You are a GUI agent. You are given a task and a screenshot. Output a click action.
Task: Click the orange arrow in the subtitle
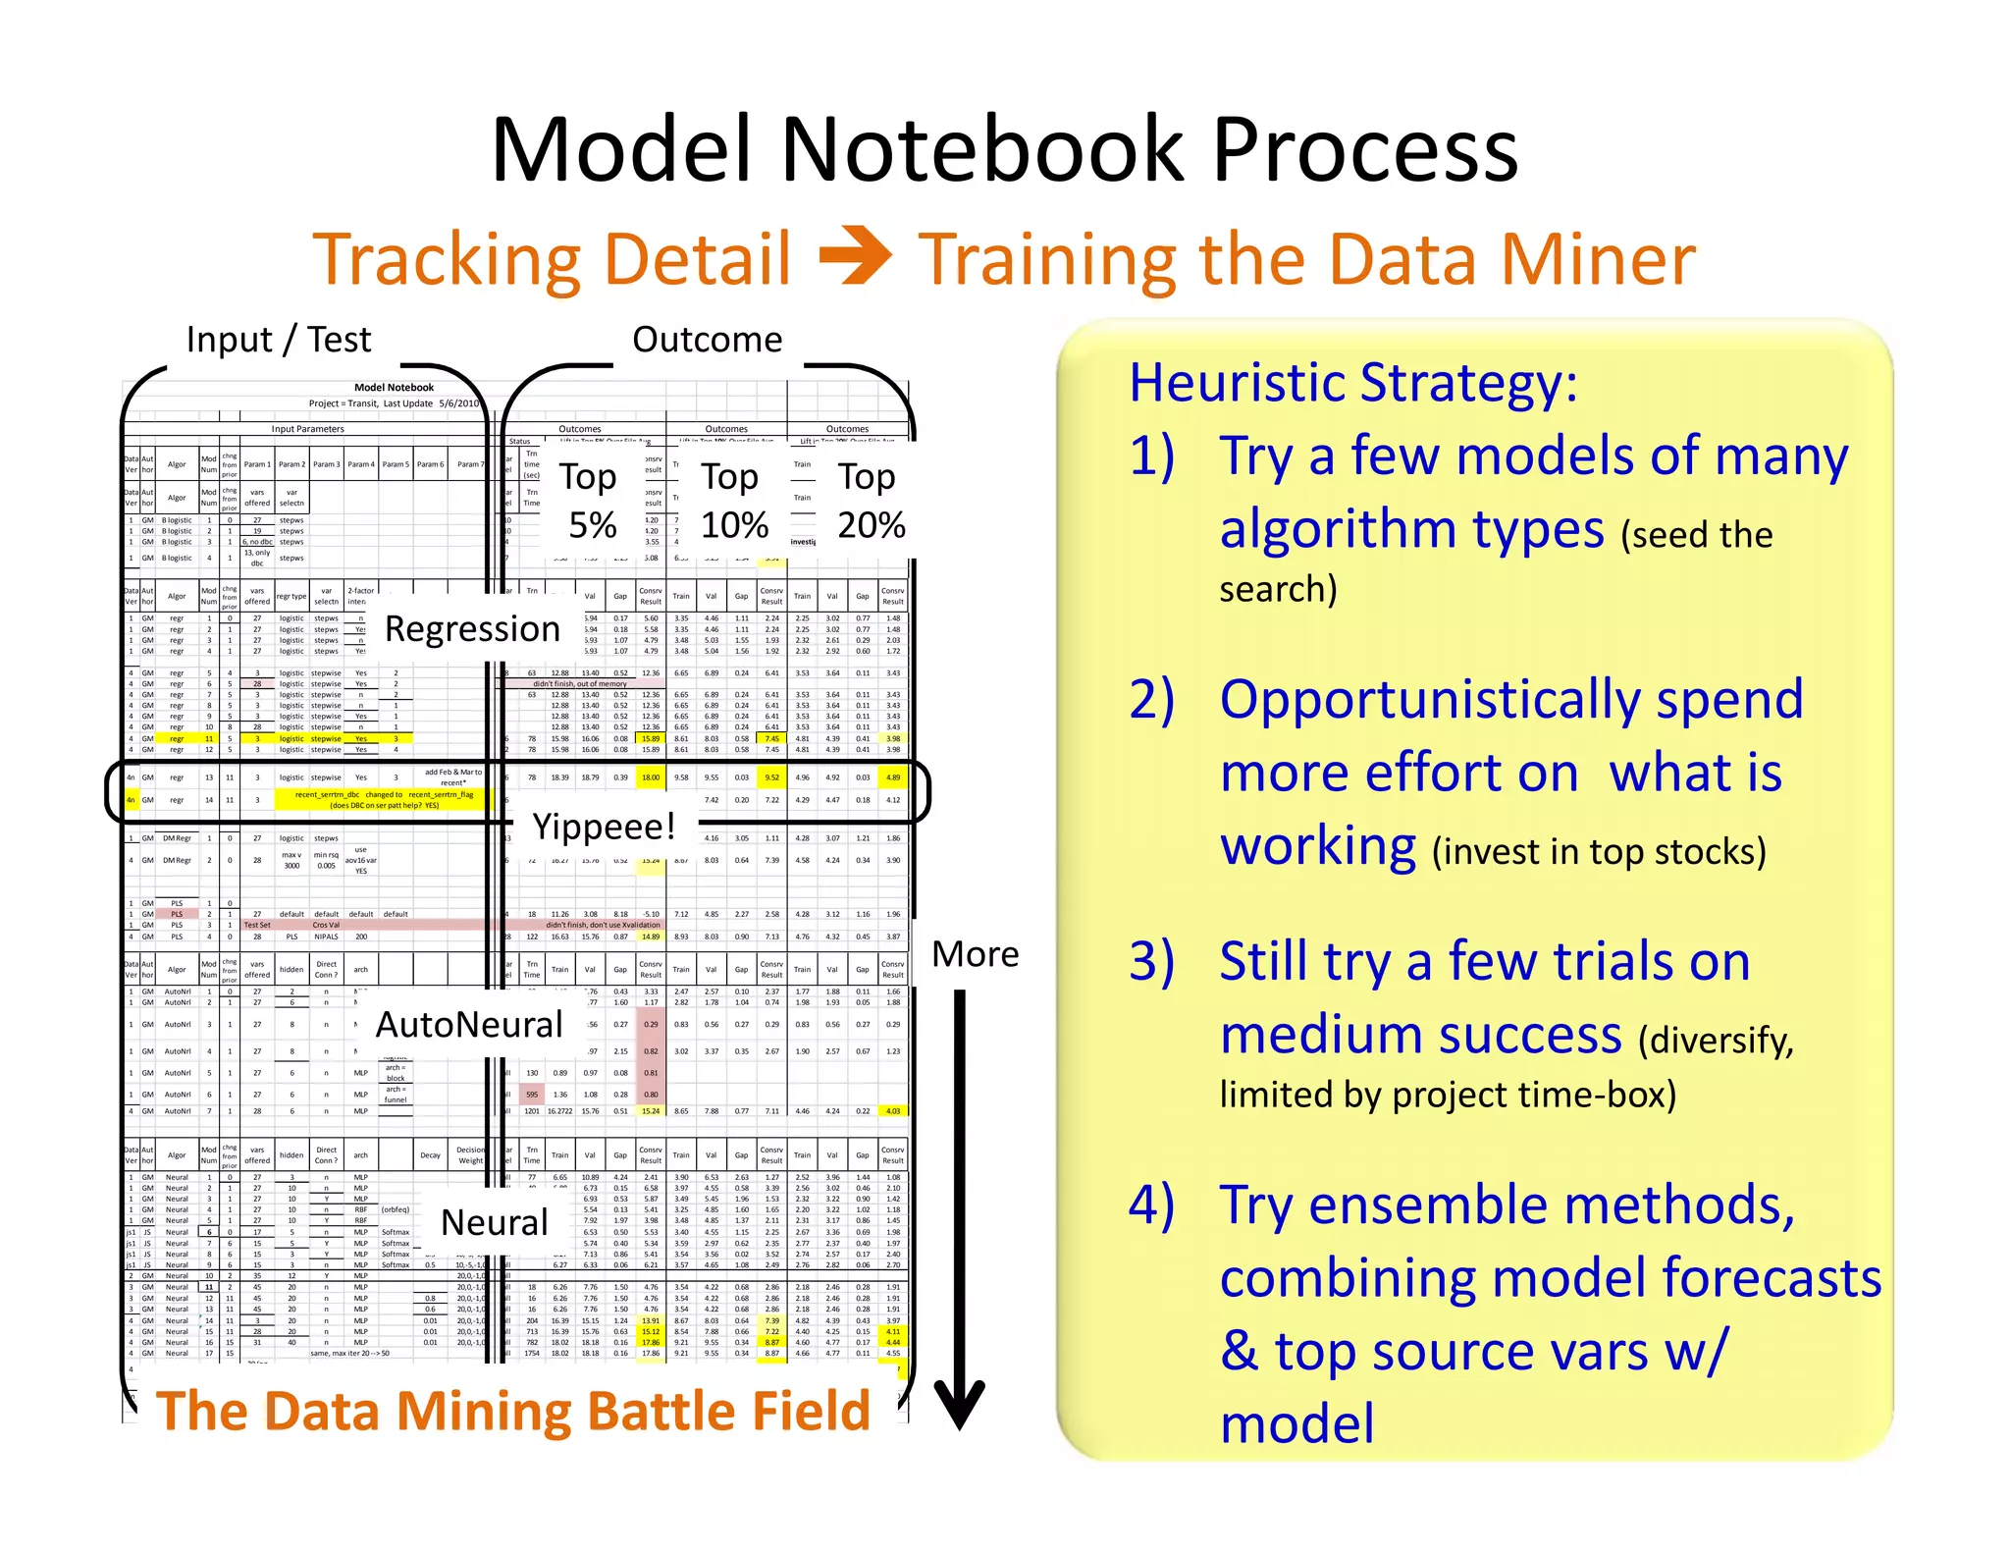coord(855,257)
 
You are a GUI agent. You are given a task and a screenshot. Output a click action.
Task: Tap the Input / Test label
coord(279,340)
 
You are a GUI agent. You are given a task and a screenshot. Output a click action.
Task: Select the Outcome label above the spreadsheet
coord(707,340)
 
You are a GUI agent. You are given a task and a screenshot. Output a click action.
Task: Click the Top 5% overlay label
coord(589,501)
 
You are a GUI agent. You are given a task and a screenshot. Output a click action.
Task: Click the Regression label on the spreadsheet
coord(472,628)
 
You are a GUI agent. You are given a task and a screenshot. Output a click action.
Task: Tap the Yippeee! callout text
coord(604,827)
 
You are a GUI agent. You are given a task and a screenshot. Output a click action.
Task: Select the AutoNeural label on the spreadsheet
coord(469,1025)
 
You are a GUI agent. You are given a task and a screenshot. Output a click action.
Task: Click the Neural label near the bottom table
coord(494,1222)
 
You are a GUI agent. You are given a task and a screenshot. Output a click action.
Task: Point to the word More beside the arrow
coord(975,954)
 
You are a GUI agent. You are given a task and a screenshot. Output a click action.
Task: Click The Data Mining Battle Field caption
coord(512,1411)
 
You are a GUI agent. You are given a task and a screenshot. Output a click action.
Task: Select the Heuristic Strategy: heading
coord(1352,383)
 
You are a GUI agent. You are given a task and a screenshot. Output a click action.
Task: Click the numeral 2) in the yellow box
coord(1152,699)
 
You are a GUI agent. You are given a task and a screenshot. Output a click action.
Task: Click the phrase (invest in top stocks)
coord(1599,851)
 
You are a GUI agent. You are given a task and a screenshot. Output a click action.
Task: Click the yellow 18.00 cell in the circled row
coord(651,777)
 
